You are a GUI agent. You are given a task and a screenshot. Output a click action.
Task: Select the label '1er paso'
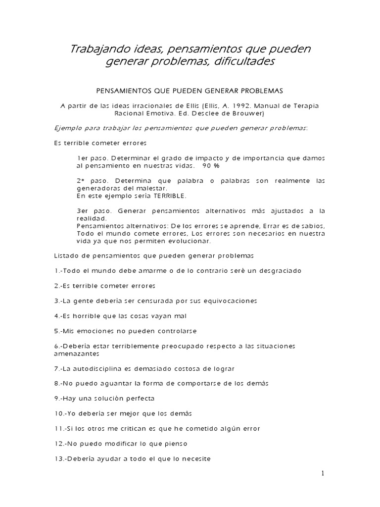tap(89, 158)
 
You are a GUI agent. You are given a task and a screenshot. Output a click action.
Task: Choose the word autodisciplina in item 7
tap(103, 368)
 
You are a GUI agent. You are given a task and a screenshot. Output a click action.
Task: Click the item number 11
tap(57, 428)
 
